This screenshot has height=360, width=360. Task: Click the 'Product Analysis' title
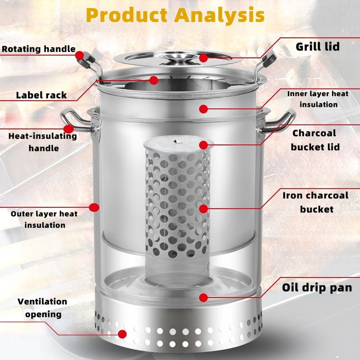[175, 15]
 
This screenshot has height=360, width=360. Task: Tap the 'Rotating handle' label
[39, 49]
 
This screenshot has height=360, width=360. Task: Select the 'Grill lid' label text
[318, 46]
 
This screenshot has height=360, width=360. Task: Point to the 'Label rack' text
[41, 95]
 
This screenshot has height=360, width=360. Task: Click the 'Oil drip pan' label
[317, 288]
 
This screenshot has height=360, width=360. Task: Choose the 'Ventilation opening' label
[43, 308]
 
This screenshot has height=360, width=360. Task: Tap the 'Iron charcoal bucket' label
[316, 202]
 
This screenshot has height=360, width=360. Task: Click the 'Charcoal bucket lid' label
[315, 140]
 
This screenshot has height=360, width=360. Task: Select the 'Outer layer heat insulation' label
[44, 219]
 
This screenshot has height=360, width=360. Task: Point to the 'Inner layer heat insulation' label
[318, 99]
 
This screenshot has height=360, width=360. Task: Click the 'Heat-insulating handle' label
[43, 142]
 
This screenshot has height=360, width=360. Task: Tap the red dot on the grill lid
[203, 58]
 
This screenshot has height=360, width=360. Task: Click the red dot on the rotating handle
[80, 55]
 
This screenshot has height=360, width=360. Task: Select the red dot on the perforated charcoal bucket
[203, 209]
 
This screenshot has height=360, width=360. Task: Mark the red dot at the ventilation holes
[122, 334]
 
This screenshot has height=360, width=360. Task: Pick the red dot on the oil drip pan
[203, 298]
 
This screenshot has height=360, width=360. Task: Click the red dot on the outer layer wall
[94, 207]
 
